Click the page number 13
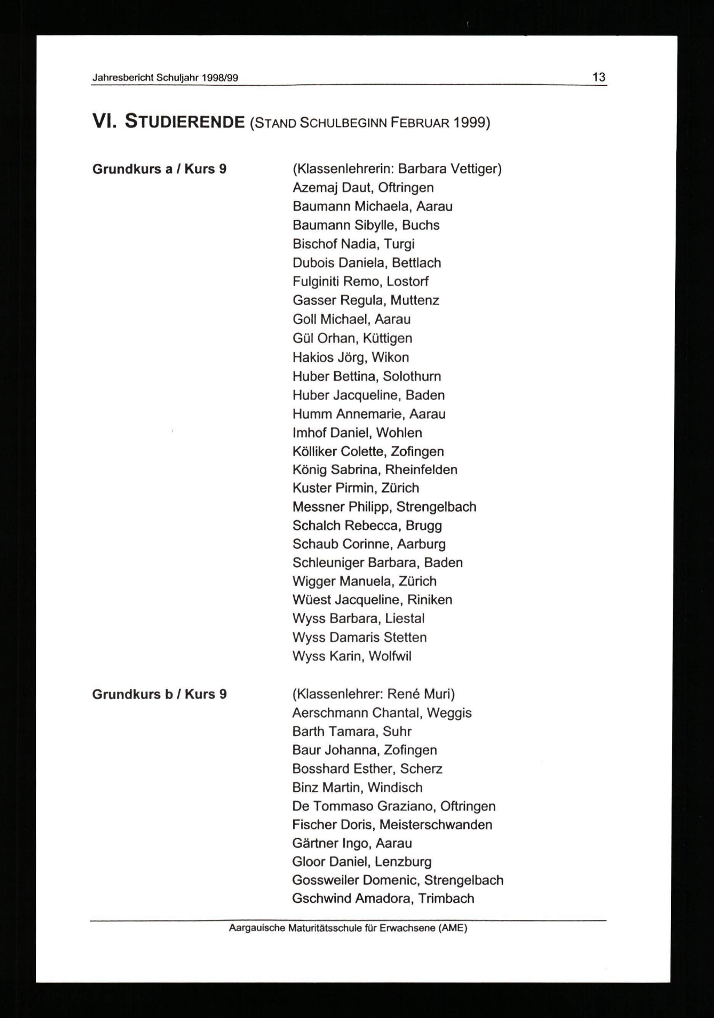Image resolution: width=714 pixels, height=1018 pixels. click(599, 77)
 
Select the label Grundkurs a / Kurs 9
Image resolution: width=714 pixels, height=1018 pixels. click(159, 169)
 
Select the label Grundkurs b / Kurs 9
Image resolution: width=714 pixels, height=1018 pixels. click(159, 694)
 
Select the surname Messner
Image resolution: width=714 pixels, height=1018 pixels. click(318, 507)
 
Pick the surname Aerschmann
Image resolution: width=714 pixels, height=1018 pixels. click(330, 713)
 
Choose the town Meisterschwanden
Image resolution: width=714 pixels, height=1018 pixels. click(436, 825)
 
